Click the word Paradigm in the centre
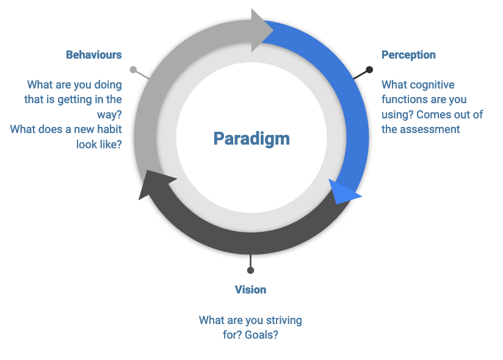coord(251,139)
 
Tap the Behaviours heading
coord(93,55)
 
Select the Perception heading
coord(408,55)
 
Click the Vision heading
coord(250,290)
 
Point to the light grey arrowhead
coord(260,31)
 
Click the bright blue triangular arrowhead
coord(342,192)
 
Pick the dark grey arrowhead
coord(154,184)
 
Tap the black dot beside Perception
coord(369,70)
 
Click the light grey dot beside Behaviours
coord(133,70)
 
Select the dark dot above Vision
coord(250,270)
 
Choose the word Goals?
coord(261,334)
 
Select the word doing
coord(108,85)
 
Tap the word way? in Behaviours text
coord(109,115)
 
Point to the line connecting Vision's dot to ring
coord(250,261)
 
